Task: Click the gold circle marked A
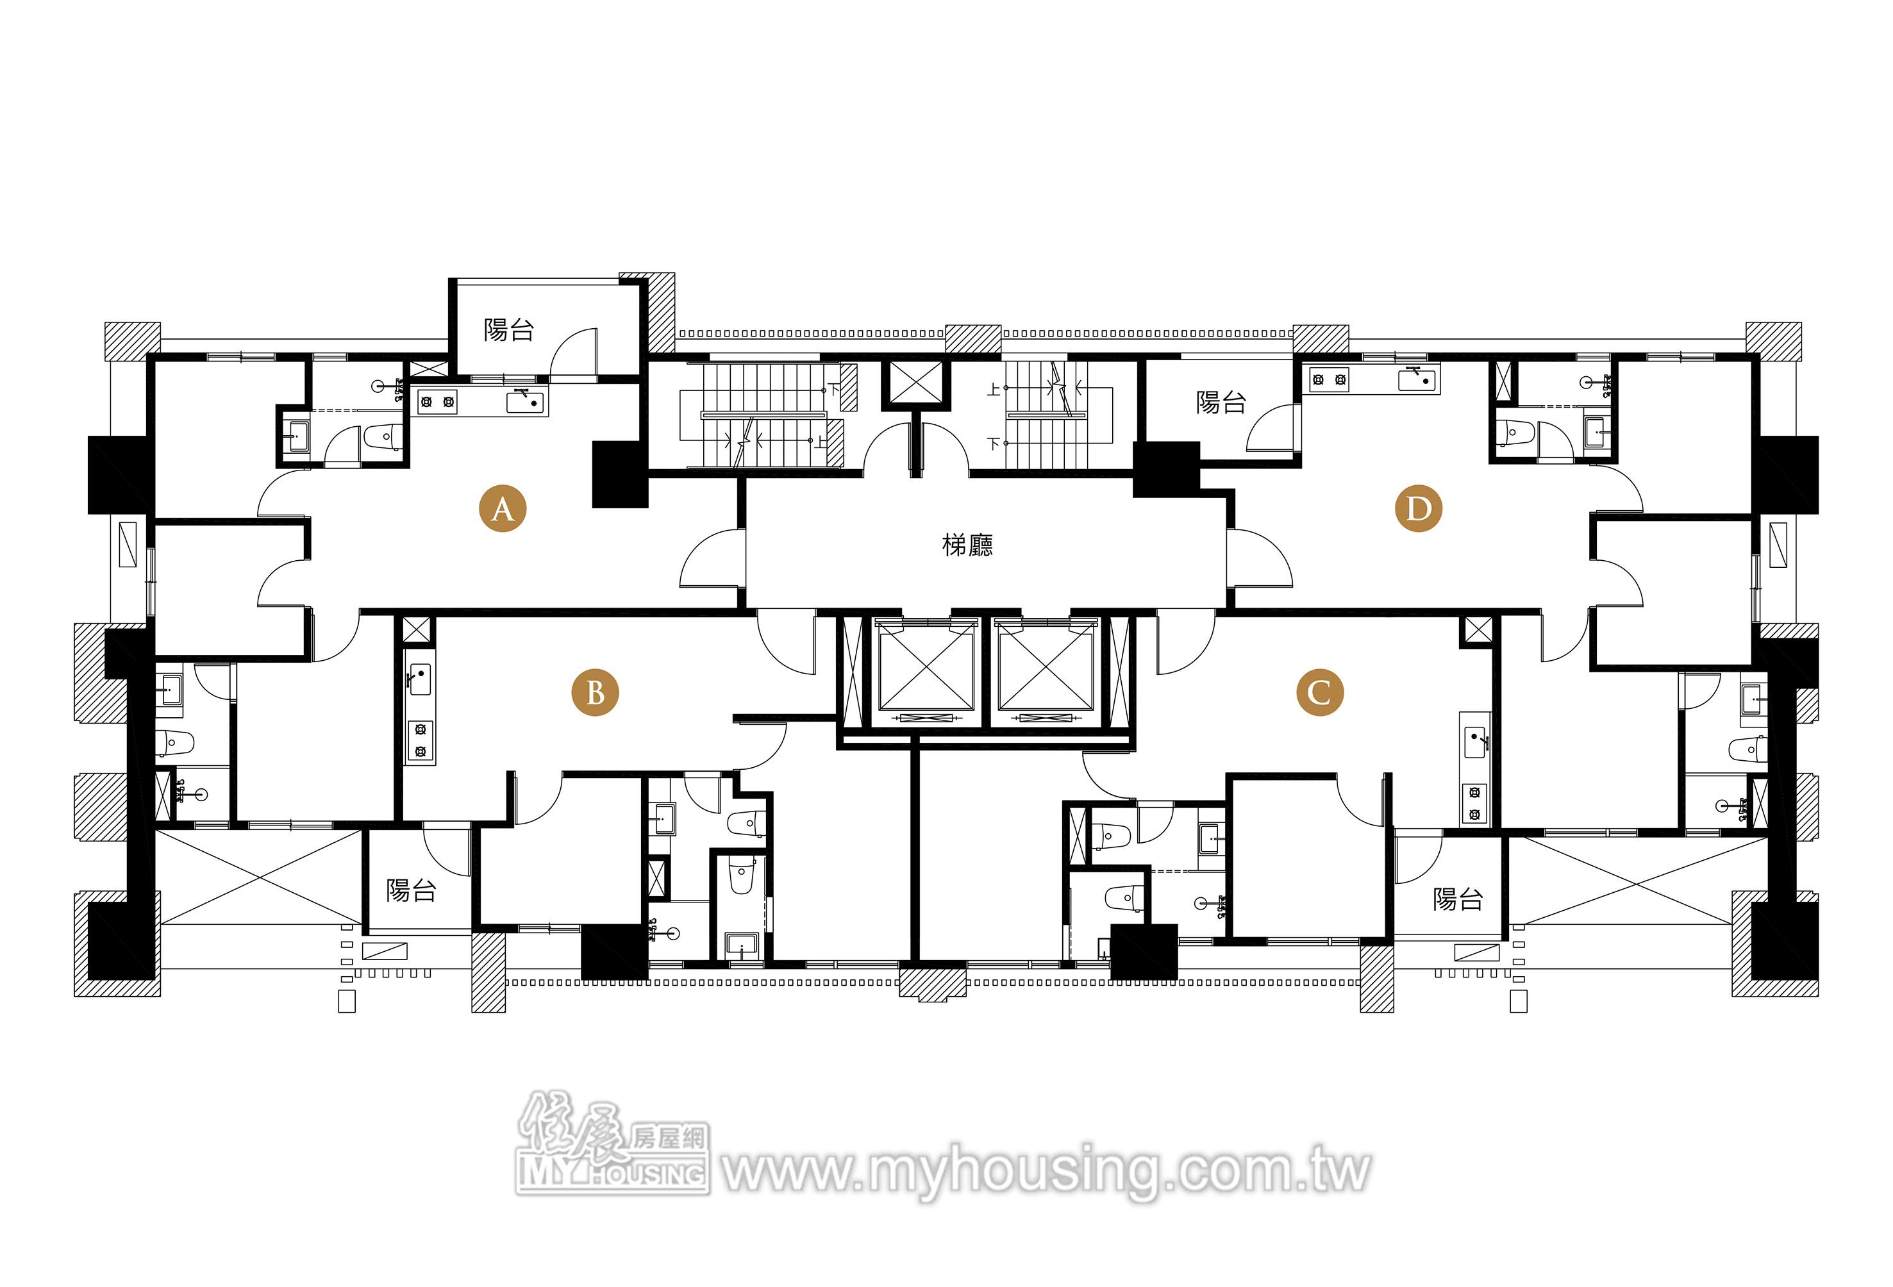[x=503, y=509]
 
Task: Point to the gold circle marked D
[x=1418, y=509]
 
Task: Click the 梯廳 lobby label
[x=968, y=545]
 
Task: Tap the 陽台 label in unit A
[x=508, y=330]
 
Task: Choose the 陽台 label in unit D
[x=1221, y=403]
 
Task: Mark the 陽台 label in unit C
[x=1457, y=899]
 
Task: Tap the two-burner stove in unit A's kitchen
[x=437, y=401]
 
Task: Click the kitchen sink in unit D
[x=1418, y=379]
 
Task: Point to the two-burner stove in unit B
[x=421, y=740]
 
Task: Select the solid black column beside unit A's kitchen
[x=619, y=475]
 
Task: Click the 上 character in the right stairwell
[x=993, y=390]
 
